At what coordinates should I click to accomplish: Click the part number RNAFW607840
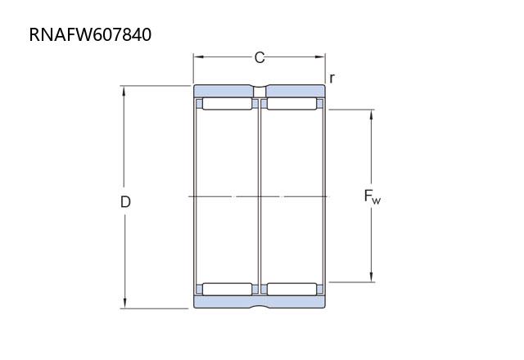coord(90,34)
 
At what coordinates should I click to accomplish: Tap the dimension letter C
coord(260,57)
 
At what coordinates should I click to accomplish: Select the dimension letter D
coord(125,202)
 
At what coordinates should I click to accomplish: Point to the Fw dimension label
coord(373,196)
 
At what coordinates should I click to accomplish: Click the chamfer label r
coord(332,79)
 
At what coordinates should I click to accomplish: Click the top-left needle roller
coord(228,104)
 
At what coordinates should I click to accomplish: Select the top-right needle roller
coord(291,104)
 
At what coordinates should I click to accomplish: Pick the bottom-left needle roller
coord(228,289)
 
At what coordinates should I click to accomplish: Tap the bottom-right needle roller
coord(291,289)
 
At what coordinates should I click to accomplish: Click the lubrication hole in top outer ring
coord(260,92)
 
